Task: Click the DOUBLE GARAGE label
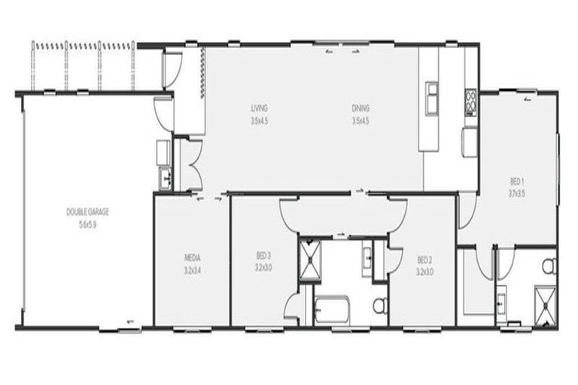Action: click(x=88, y=212)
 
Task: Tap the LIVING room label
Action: click(x=259, y=108)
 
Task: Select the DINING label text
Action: click(x=360, y=108)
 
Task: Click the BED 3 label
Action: click(x=263, y=256)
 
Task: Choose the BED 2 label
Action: click(x=424, y=260)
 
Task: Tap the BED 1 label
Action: click(x=517, y=181)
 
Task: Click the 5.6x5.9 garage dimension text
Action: click(x=88, y=223)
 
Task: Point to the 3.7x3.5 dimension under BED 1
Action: click(x=517, y=192)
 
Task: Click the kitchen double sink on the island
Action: click(x=432, y=98)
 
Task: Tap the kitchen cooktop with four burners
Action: click(x=470, y=102)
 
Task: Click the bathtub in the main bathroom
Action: click(x=332, y=309)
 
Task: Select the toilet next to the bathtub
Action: click(x=379, y=305)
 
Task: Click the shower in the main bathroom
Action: click(x=309, y=259)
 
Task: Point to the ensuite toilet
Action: click(x=549, y=265)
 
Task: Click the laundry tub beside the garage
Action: click(x=165, y=178)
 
